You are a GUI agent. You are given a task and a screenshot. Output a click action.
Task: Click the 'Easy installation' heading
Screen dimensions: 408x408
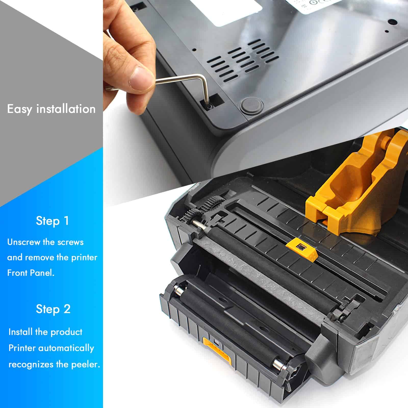pyautogui.click(x=51, y=109)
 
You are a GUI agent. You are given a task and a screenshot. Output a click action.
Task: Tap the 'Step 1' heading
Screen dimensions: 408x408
pyautogui.click(x=52, y=221)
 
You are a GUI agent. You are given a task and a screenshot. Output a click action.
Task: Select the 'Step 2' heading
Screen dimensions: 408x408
pyautogui.click(x=53, y=309)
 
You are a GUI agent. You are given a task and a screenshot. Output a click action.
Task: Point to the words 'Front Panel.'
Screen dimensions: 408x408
pyautogui.click(x=31, y=273)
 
